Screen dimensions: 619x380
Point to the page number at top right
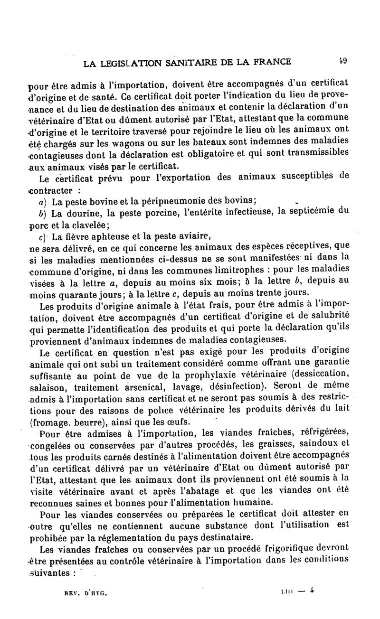(343, 60)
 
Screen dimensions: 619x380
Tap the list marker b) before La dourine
(43, 212)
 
